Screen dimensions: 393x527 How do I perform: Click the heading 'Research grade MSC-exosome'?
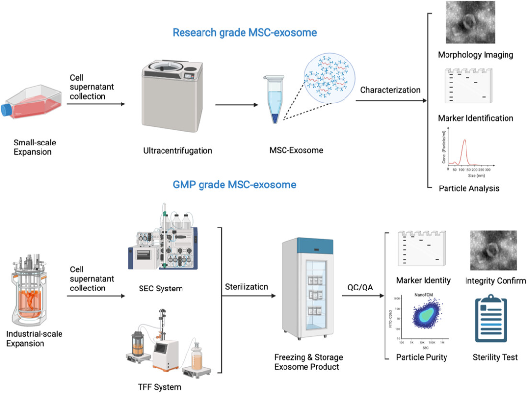244,33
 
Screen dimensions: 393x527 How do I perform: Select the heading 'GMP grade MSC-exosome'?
234,185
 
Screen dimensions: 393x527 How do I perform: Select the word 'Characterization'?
390,90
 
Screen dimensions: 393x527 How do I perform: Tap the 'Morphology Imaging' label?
475,55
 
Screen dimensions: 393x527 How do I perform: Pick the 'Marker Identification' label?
475,118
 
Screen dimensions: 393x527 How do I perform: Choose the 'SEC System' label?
161,289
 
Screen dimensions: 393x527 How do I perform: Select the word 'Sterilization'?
246,287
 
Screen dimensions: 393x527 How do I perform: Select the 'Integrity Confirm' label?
495,281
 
